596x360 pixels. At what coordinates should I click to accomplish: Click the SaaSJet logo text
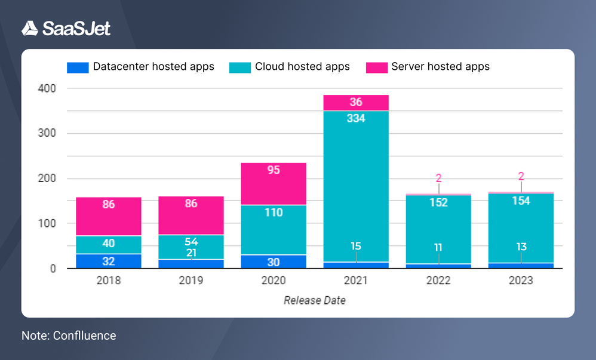pyautogui.click(x=76, y=29)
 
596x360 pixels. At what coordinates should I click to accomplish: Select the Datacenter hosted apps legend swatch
pyautogui.click(x=78, y=67)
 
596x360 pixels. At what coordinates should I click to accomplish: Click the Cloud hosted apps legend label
pyautogui.click(x=302, y=66)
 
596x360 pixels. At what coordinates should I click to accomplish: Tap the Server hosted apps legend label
pyautogui.click(x=440, y=66)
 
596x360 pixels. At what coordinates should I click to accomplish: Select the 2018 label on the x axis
pyautogui.click(x=108, y=280)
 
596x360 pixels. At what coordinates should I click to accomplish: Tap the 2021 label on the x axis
pyautogui.click(x=356, y=280)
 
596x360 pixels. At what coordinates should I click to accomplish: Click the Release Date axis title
pyautogui.click(x=315, y=300)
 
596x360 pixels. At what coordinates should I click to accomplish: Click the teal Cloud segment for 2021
pyautogui.click(x=356, y=179)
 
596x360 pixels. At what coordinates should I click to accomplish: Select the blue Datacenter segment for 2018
pyautogui.click(x=108, y=261)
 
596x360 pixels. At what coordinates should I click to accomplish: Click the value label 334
pyautogui.click(x=356, y=118)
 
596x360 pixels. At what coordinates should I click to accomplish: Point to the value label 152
pyautogui.click(x=438, y=202)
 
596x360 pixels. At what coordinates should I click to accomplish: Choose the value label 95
pyautogui.click(x=274, y=170)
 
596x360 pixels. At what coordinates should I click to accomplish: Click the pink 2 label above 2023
pyautogui.click(x=521, y=176)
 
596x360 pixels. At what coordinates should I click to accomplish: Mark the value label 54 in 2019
pyautogui.click(x=191, y=242)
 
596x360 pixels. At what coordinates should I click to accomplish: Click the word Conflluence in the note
pyautogui.click(x=84, y=336)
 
